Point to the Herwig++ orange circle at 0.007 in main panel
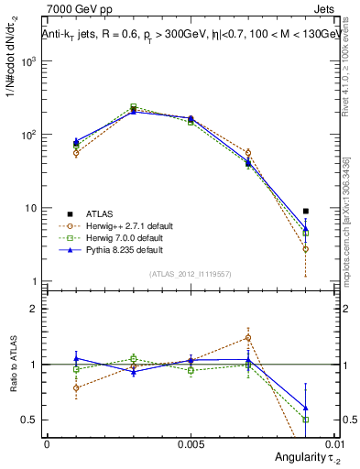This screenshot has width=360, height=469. (x=248, y=152)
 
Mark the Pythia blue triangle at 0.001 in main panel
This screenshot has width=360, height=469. (x=76, y=141)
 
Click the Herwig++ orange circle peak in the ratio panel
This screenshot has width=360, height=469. (x=248, y=337)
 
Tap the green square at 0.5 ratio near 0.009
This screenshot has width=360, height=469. (x=306, y=420)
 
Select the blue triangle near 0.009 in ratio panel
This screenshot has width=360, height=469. (x=306, y=408)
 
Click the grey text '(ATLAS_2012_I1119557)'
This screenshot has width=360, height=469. (x=190, y=274)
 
